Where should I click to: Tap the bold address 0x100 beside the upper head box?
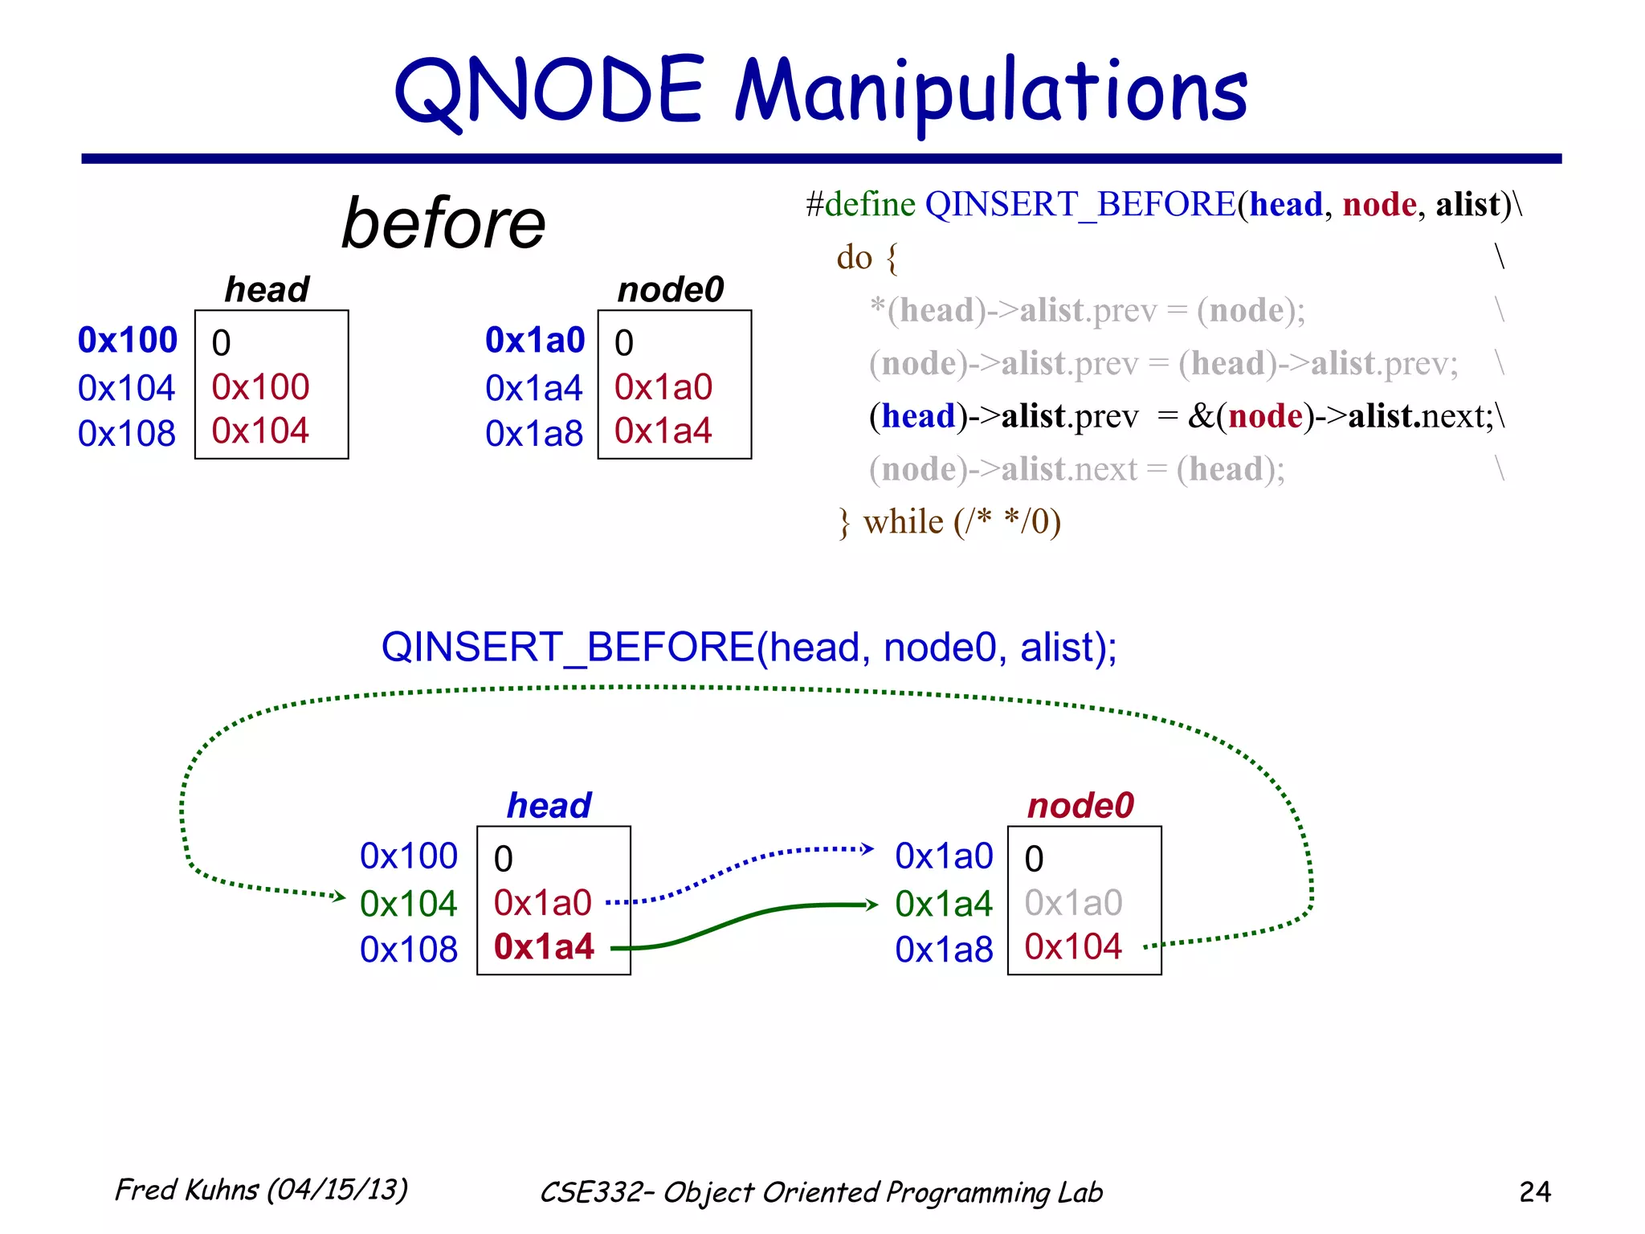coord(127,341)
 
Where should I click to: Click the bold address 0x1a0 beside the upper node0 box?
coord(535,341)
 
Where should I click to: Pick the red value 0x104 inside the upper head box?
coord(260,431)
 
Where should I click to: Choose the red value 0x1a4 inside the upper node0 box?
coord(663,431)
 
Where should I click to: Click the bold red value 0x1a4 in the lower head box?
coord(544,947)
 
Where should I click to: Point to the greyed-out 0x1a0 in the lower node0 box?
coord(1073,903)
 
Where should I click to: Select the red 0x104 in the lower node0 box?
coord(1073,947)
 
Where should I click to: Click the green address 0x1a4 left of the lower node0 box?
coord(944,905)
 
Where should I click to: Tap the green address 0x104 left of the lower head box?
coord(408,905)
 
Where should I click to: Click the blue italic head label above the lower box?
coord(549,806)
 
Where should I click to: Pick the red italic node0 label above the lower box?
coord(1080,806)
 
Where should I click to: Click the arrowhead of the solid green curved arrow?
coord(872,905)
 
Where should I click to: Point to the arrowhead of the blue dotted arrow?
coord(867,849)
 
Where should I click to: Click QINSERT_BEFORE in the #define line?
coord(1080,205)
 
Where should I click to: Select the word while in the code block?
coord(903,522)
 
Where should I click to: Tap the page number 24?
coord(1534,1191)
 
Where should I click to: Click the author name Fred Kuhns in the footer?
coord(187,1190)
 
